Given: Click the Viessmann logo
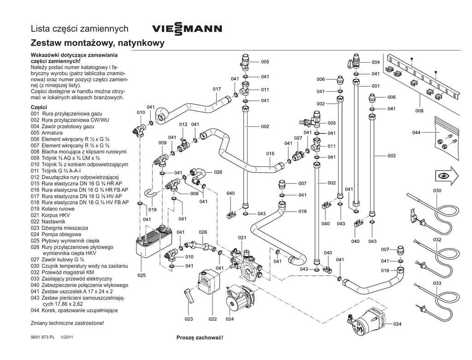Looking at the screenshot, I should (187, 29).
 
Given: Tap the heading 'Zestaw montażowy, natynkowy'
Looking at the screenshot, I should (97, 44).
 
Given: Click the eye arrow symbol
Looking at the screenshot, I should (446, 175).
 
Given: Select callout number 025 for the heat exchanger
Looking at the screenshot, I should (141, 275).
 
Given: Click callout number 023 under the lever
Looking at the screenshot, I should (189, 319).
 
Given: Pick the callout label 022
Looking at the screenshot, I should (212, 319).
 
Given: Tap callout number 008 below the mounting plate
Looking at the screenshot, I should (419, 111).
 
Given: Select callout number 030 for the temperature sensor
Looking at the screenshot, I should (437, 190).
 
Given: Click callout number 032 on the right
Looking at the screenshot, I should (437, 240).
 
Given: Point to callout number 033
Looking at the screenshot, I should (437, 283).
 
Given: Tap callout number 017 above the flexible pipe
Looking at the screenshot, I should (216, 89).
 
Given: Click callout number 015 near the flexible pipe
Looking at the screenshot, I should (270, 153).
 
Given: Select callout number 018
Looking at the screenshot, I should (302, 211).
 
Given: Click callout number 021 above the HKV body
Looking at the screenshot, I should (242, 237).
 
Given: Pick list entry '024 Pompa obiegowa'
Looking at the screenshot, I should (58, 234).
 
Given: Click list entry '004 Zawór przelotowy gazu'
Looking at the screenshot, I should (62, 126).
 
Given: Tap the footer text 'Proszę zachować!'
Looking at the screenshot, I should (200, 338).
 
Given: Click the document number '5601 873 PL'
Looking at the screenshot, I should (43, 337).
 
